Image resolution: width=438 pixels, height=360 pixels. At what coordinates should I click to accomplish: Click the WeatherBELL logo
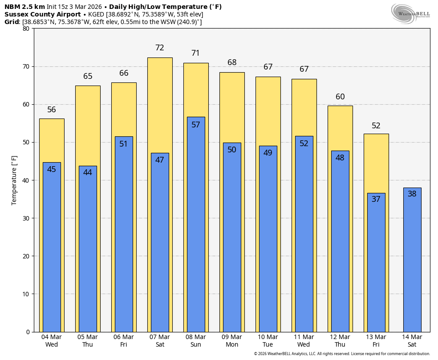410,13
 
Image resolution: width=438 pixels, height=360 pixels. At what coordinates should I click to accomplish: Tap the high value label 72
159,48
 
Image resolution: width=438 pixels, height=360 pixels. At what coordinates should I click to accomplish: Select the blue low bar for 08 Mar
196,225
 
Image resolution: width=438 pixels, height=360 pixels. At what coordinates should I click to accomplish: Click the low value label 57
196,125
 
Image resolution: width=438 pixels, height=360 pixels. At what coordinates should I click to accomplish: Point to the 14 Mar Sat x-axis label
412,341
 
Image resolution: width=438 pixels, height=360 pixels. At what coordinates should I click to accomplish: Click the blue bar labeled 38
412,260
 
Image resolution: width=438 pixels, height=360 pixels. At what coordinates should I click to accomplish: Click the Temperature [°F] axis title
14,180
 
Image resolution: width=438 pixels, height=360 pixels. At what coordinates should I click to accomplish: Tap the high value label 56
51,110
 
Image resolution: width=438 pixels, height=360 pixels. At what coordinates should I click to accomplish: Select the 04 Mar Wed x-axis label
51,341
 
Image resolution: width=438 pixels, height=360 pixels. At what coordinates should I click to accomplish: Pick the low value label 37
376,199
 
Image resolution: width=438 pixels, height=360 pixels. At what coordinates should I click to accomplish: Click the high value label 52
376,126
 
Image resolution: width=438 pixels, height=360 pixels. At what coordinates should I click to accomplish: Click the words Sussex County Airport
42,14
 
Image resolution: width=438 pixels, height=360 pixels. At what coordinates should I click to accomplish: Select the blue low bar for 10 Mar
268,239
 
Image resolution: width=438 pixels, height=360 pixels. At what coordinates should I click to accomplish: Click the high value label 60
340,97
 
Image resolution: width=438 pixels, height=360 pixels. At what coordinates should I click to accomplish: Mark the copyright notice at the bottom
342,354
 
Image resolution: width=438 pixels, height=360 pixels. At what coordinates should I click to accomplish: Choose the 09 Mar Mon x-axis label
232,341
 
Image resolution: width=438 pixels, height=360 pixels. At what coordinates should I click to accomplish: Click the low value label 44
87,172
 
